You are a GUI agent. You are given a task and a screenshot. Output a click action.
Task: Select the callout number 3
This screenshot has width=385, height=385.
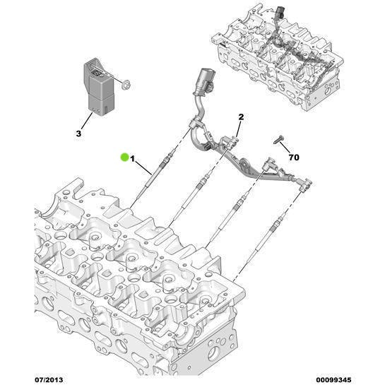click(x=79, y=133)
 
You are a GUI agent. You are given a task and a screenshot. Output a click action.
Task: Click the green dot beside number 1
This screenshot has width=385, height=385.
click(x=124, y=157)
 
